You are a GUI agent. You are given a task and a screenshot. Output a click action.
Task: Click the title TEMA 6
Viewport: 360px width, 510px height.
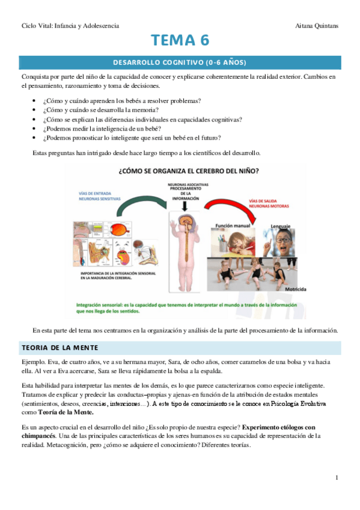[x=180, y=40]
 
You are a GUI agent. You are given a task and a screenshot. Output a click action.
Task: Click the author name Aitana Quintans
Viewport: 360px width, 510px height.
[x=318, y=26]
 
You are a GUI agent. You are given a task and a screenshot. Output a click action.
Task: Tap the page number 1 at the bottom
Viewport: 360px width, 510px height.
[x=337, y=478]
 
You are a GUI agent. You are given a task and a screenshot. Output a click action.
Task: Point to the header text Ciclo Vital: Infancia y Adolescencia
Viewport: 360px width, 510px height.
[x=70, y=26]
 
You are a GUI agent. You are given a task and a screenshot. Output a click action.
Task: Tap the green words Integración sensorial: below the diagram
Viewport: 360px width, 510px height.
[x=106, y=305]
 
